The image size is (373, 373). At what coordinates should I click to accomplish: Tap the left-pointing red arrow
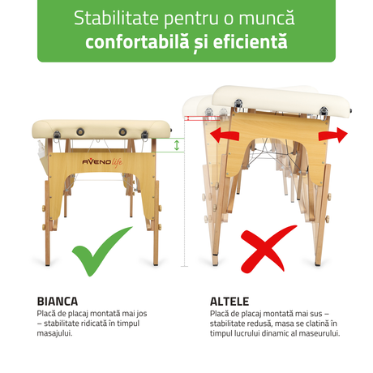225,135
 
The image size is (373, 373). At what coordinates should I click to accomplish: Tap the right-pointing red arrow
333,135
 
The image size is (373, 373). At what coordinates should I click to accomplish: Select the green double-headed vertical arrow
177,145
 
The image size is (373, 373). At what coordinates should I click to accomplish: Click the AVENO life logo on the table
102,162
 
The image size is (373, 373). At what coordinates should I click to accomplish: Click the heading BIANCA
58,302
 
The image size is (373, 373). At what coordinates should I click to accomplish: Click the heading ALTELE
229,302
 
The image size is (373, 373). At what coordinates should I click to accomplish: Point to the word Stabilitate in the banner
116,19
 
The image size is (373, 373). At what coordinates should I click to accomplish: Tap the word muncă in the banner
267,18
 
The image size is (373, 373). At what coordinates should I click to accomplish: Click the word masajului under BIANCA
54,333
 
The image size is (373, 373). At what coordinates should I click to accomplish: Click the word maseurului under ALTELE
319,333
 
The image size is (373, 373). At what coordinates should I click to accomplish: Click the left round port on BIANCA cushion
80,132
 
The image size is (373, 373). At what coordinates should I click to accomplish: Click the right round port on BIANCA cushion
122,132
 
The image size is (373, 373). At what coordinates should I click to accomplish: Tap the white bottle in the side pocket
42,151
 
